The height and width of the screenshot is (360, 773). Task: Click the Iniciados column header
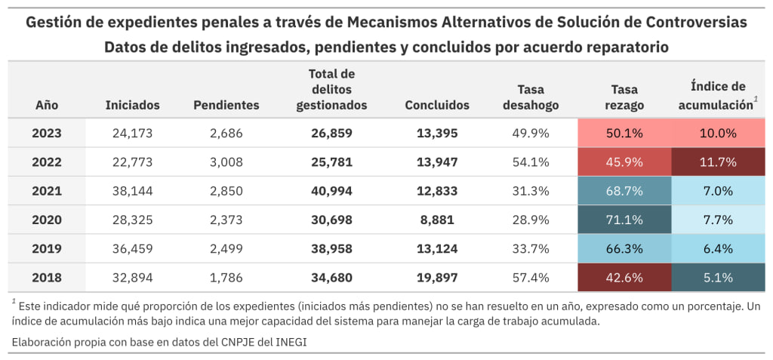click(133, 105)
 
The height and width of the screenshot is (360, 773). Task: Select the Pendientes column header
click(226, 105)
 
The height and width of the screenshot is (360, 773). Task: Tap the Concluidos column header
click(437, 105)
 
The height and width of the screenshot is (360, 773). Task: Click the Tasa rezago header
click(624, 96)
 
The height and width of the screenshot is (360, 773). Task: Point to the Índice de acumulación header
click(717, 96)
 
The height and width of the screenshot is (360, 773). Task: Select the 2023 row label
click(47, 133)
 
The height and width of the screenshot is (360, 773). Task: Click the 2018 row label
click(47, 278)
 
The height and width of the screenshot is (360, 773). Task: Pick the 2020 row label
click(47, 220)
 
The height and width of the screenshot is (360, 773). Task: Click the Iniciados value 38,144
click(133, 191)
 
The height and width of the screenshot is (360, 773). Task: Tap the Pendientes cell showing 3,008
click(226, 162)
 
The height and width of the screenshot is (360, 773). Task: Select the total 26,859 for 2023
click(331, 133)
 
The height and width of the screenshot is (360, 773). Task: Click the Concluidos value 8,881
click(437, 220)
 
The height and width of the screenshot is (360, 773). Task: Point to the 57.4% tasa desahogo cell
click(531, 278)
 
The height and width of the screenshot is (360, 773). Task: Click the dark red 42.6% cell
click(624, 278)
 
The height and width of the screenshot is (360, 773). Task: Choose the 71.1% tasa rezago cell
click(624, 220)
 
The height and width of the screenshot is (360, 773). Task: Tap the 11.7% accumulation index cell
click(717, 162)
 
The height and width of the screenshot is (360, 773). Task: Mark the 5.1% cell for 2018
click(717, 278)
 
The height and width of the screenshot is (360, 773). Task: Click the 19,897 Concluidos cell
click(437, 278)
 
